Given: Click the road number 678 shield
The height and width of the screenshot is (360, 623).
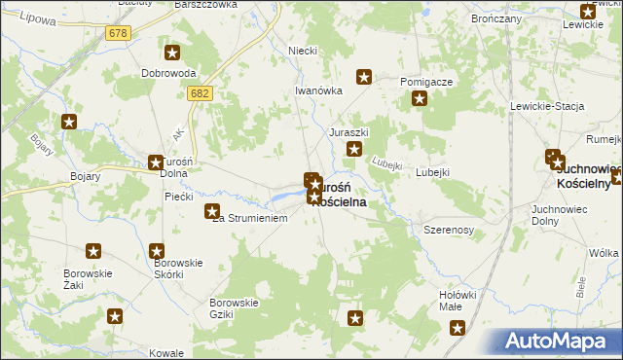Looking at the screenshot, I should click(x=118, y=33).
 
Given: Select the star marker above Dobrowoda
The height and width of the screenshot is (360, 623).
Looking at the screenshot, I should click(x=173, y=54).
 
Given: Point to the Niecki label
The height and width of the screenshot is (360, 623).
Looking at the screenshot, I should click(x=303, y=51).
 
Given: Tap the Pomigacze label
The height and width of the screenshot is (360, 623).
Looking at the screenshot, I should click(x=426, y=82).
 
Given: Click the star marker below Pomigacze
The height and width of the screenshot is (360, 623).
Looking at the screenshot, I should click(x=420, y=98).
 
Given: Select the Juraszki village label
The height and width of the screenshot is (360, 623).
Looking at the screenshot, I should click(x=348, y=131).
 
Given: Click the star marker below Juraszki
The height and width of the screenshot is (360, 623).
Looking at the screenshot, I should click(x=355, y=149).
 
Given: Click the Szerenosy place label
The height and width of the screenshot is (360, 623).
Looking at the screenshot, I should click(x=448, y=230).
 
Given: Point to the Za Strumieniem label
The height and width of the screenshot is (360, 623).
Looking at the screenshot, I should click(x=251, y=219).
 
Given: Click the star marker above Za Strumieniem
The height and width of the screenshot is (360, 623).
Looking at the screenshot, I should click(x=211, y=210).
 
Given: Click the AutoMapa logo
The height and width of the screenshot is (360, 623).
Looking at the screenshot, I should click(x=560, y=342).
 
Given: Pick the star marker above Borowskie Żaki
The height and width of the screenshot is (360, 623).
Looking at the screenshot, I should click(x=93, y=250).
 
